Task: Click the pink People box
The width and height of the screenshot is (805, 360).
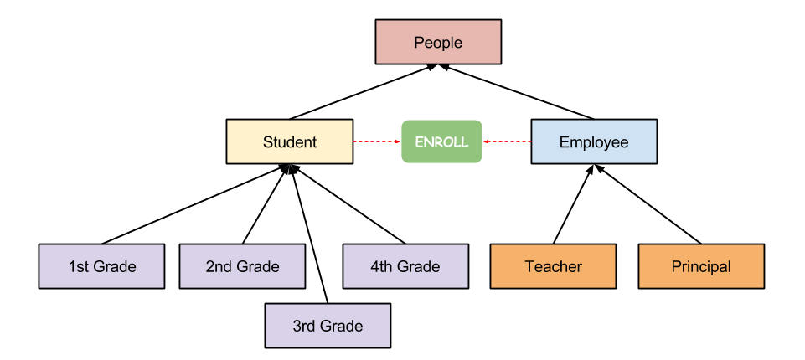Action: click(438, 42)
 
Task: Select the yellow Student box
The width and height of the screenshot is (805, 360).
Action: click(290, 141)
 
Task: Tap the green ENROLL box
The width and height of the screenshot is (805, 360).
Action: click(441, 141)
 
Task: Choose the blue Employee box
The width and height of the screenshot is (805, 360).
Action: click(594, 141)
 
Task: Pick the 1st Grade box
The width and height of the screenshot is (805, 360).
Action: click(101, 266)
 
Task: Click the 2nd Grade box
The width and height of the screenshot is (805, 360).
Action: click(242, 266)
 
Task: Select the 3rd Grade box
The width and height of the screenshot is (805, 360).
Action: click(328, 326)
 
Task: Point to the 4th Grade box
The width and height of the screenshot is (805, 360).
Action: click(405, 266)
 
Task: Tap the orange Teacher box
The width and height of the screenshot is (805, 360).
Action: click(553, 266)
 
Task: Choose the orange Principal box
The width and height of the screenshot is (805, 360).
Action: click(701, 266)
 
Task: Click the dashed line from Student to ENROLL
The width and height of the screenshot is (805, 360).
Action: click(375, 141)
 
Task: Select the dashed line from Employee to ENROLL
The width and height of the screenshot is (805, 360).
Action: click(509, 141)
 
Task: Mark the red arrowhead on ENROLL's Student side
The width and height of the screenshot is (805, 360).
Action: click(398, 141)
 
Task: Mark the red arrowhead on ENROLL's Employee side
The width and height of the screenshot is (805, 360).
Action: click(487, 141)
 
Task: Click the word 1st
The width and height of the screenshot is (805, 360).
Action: click(80, 267)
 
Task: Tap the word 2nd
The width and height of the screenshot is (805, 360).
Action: click(219, 267)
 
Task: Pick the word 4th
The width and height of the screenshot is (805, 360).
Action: click(383, 267)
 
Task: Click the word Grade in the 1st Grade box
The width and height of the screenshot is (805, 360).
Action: click(116, 267)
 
